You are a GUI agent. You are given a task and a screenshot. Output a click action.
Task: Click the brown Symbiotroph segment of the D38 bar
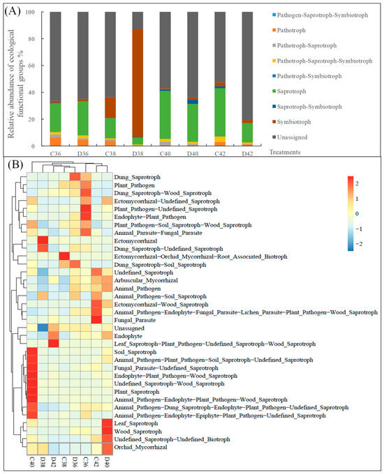pos(138,83)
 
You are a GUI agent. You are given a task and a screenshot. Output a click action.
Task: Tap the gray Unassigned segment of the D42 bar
pos(247,66)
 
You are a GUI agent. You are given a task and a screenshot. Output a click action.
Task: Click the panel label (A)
pos(13,11)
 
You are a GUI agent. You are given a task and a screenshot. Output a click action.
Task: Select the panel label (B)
pos(15,165)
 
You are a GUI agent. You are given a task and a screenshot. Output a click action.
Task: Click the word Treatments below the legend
pos(285,152)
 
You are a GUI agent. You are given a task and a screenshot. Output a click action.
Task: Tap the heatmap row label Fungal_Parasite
pos(135,320)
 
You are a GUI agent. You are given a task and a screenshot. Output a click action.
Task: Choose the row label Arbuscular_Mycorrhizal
pos(146,280)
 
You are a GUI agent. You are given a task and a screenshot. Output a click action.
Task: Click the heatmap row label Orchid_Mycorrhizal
pos(140,447)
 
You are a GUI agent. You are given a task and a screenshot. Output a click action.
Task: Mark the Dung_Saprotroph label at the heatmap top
pos(137,177)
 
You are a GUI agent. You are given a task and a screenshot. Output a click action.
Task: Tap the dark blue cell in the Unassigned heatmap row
pos(43,328)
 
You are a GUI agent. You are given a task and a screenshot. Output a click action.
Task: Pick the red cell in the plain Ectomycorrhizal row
pos(43,241)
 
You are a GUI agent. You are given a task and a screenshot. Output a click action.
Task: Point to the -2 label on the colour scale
pos(359,244)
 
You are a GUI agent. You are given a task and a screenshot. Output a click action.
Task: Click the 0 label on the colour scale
pos(357,214)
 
